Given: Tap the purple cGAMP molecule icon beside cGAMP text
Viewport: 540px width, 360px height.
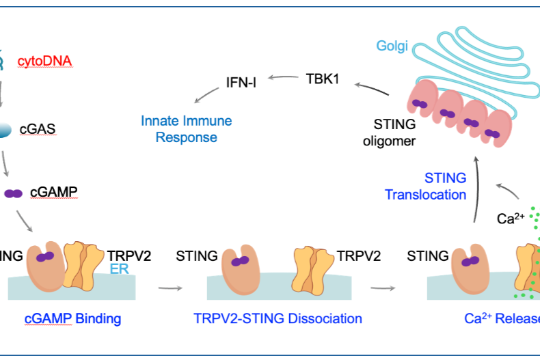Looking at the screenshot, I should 14,193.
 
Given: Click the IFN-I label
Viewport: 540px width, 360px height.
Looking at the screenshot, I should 241,85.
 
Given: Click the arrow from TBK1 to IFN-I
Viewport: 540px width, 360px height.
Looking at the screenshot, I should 282,79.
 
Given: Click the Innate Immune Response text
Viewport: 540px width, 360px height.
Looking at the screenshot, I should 186,129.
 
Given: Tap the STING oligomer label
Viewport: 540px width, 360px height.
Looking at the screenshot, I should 394,133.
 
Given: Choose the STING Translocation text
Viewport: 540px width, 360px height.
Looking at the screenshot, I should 425,186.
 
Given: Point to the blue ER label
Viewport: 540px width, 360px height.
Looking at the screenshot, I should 120,270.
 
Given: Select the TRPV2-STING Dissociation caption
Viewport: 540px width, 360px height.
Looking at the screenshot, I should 278,318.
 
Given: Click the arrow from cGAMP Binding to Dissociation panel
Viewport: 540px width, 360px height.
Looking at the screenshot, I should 174,288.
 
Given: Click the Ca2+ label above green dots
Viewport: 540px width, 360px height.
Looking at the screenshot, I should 510,219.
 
